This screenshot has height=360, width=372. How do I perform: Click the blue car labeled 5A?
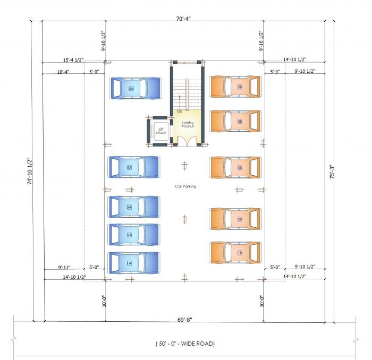pyautogui.click(x=135, y=89)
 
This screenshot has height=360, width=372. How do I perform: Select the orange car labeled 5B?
pyautogui.click(x=235, y=87)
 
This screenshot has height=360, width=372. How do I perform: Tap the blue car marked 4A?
pyautogui.click(x=134, y=167)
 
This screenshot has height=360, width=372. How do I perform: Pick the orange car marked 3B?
pyautogui.click(x=235, y=167)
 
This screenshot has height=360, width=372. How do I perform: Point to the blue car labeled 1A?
pyautogui.click(x=134, y=263)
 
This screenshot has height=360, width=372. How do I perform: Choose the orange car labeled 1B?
pyautogui.click(x=235, y=252)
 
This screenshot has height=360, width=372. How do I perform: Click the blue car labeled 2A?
pyautogui.click(x=134, y=235)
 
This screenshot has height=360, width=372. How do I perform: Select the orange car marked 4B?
pyautogui.click(x=235, y=121)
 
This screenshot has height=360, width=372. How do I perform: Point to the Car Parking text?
pyautogui.click(x=185, y=186)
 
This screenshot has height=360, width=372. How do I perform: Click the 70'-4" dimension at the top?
pyautogui.click(x=183, y=18)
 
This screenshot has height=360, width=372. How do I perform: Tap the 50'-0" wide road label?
pyautogui.click(x=185, y=344)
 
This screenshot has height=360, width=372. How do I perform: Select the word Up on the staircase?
pyautogui.click(x=180, y=111)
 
